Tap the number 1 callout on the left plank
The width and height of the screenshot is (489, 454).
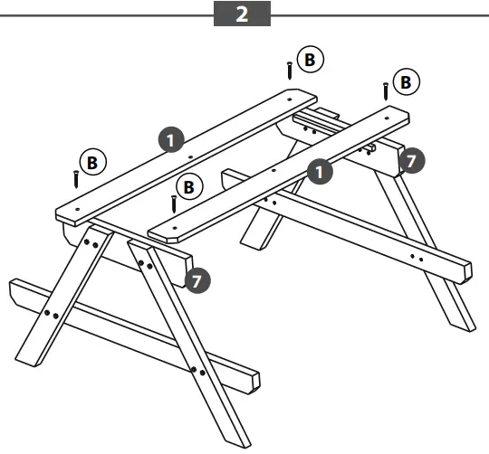[x=171, y=139]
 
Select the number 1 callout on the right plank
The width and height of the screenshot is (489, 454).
[x=319, y=168]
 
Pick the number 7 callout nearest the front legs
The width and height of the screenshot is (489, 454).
[x=198, y=279]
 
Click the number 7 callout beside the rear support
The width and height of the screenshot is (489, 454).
[x=410, y=161]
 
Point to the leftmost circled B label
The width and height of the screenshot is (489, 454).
[x=92, y=162]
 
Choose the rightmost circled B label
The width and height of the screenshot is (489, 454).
[x=405, y=82]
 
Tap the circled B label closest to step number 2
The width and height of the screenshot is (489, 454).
[x=310, y=60]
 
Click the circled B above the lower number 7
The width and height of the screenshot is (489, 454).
[x=189, y=187]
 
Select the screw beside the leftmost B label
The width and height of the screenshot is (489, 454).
[x=76, y=178]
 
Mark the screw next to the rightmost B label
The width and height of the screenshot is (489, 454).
[x=386, y=91]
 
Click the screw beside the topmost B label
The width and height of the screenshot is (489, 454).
[x=290, y=70]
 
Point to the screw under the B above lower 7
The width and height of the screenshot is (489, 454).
[x=173, y=203]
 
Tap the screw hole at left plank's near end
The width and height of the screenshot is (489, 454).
[x=78, y=208]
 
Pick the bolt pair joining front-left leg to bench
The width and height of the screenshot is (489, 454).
[x=51, y=314]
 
